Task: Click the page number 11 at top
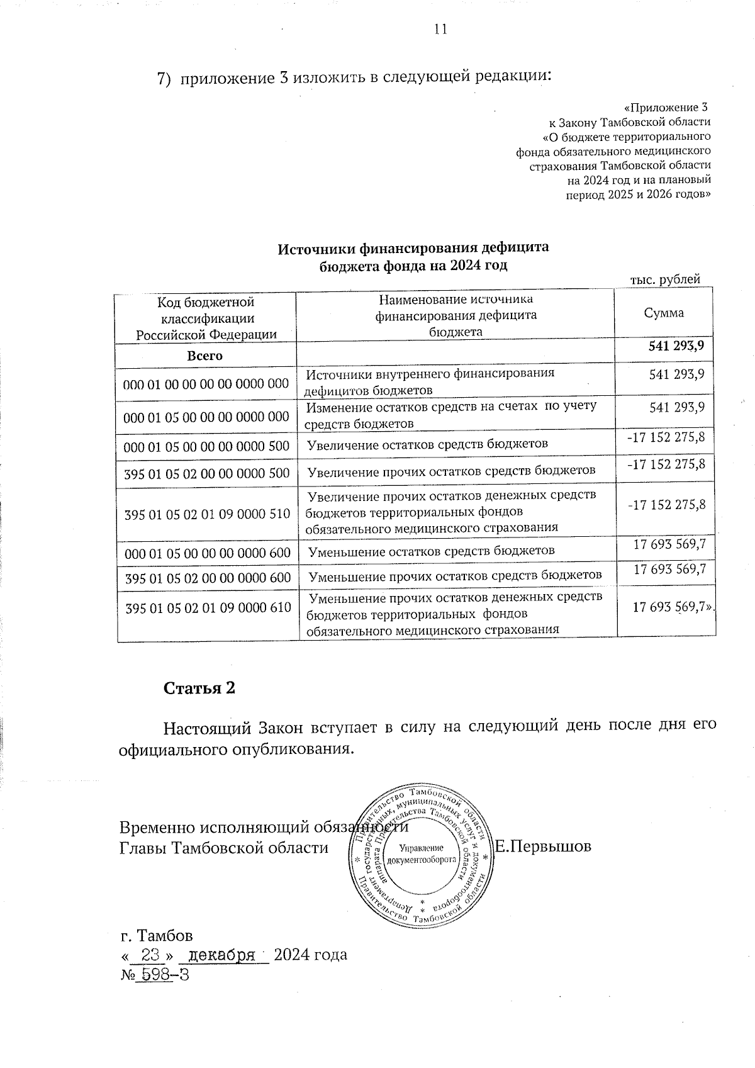440,30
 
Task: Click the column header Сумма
664,313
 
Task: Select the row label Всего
205,356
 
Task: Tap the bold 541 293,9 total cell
676,346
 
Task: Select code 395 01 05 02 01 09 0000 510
208,514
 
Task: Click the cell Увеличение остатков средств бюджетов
428,444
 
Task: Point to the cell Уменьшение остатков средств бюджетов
432,551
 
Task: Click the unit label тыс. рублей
665,279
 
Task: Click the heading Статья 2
199,688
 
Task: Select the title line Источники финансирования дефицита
413,247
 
